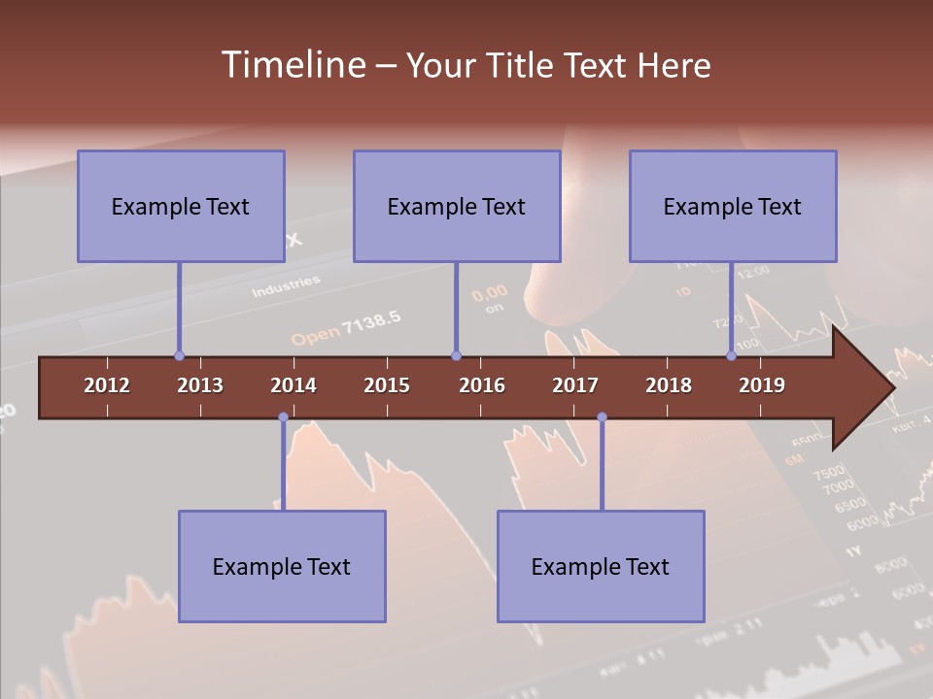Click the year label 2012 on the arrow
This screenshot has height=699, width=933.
tap(107, 385)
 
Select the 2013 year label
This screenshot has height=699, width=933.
tap(200, 385)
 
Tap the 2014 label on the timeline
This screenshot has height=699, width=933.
tap(294, 385)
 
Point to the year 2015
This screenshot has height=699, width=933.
tap(387, 385)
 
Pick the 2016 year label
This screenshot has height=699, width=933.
tap(482, 385)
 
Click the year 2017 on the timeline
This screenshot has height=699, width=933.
tap(575, 385)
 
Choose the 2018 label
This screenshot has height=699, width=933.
tap(669, 385)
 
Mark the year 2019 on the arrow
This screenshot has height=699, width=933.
tap(762, 385)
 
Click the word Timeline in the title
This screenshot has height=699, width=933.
tap(292, 65)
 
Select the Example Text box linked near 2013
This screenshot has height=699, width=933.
tap(181, 206)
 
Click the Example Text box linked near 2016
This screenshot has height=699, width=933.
tap(457, 206)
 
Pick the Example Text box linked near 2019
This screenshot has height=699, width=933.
tap(733, 206)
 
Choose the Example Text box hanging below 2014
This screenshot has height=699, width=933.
tap(282, 566)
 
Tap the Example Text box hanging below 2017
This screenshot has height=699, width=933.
tap(601, 566)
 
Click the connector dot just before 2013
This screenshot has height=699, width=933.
tap(179, 356)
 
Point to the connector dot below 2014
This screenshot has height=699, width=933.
tap(283, 417)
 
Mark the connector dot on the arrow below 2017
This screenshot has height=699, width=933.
tap(602, 417)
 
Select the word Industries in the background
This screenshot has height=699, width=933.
tap(286, 286)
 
